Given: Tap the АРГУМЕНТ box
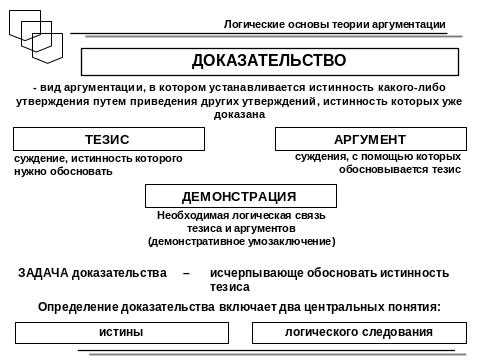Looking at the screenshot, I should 370,139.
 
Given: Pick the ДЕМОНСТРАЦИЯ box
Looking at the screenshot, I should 239,196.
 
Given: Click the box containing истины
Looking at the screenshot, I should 120,331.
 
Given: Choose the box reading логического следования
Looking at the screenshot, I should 358,331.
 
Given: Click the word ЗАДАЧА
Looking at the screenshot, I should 41,272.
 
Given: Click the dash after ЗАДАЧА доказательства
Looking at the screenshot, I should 186,272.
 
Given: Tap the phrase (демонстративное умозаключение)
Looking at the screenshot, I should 241,241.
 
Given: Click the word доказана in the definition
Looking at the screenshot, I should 239,115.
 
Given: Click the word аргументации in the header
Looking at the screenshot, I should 421,22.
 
